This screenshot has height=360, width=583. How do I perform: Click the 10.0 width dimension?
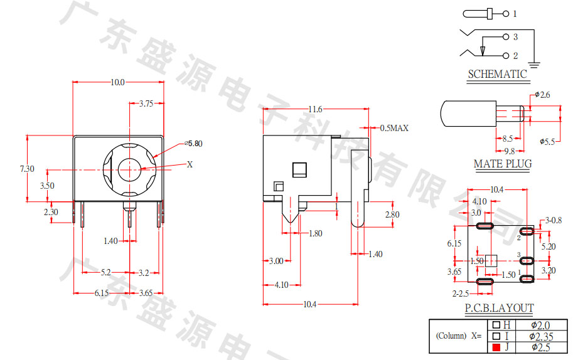pyautogui.click(x=117, y=82)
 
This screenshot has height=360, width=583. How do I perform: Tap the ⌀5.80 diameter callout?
pyautogui.click(x=194, y=144)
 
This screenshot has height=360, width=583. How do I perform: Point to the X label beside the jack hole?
pyautogui.click(x=190, y=164)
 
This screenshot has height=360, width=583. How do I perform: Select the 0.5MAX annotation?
pyautogui.click(x=394, y=128)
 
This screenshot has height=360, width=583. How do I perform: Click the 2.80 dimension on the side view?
pyautogui.click(x=392, y=214)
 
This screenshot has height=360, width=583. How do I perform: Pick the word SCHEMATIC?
pyautogui.click(x=498, y=74)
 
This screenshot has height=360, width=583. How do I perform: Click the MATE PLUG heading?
pyautogui.click(x=502, y=164)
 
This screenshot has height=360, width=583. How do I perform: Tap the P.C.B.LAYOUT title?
pyautogui.click(x=499, y=308)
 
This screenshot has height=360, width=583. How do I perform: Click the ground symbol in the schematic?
pyautogui.click(x=534, y=63)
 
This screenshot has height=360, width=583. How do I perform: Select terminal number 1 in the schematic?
pyautogui.click(x=515, y=13)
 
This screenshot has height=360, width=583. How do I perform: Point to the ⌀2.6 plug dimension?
pyautogui.click(x=543, y=95)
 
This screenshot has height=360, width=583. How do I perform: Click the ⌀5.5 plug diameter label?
pyautogui.click(x=547, y=142)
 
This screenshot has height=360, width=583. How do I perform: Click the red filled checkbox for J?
pyautogui.click(x=496, y=347)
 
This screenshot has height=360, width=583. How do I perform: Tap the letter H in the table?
pyautogui.click(x=507, y=325)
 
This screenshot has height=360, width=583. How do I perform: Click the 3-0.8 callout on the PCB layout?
pyautogui.click(x=554, y=220)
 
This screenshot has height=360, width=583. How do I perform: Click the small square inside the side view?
pyautogui.click(x=299, y=169)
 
